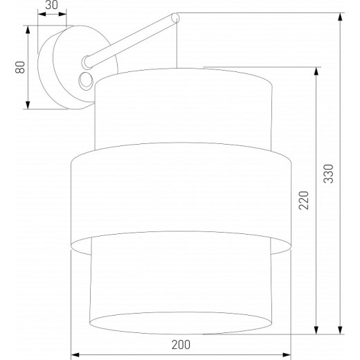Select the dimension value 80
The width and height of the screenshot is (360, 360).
point(21,67)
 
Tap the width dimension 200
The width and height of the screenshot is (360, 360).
point(181,344)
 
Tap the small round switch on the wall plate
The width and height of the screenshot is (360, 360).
point(87,80)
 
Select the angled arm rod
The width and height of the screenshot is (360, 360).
point(132,39)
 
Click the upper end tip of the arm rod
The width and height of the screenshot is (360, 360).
point(175,16)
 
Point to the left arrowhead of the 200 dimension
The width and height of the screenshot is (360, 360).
point(75,353)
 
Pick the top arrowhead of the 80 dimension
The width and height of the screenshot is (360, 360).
point(28,28)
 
